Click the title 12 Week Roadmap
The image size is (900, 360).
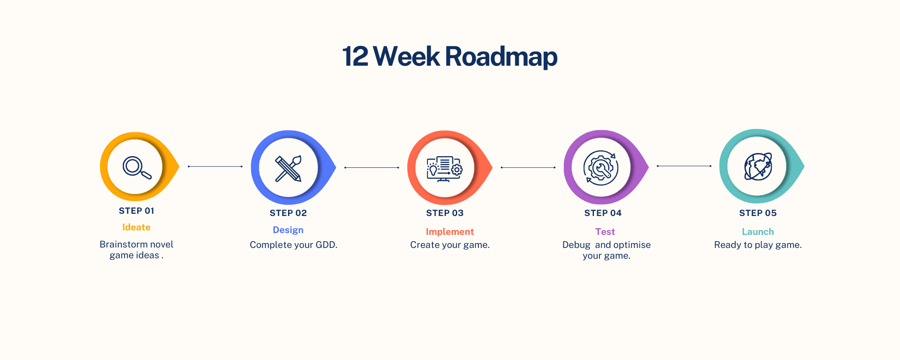click(450, 57)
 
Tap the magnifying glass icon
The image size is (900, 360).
click(136, 167)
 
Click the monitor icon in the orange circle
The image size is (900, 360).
click(444, 169)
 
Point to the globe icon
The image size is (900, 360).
click(758, 166)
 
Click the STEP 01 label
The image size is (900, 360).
click(136, 211)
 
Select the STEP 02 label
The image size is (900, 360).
click(288, 213)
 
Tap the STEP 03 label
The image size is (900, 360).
click(445, 213)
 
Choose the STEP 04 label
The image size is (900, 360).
click(603, 213)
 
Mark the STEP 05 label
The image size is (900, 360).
click(758, 213)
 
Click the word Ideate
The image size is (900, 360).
click(136, 227)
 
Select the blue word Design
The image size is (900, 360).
click(288, 230)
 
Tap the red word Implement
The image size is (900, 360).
click(450, 232)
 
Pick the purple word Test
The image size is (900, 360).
click(605, 232)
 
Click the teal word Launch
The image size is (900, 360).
click(758, 232)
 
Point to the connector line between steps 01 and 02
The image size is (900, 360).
click(215, 166)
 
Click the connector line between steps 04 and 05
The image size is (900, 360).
click(684, 166)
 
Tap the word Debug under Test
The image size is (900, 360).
click(576, 245)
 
